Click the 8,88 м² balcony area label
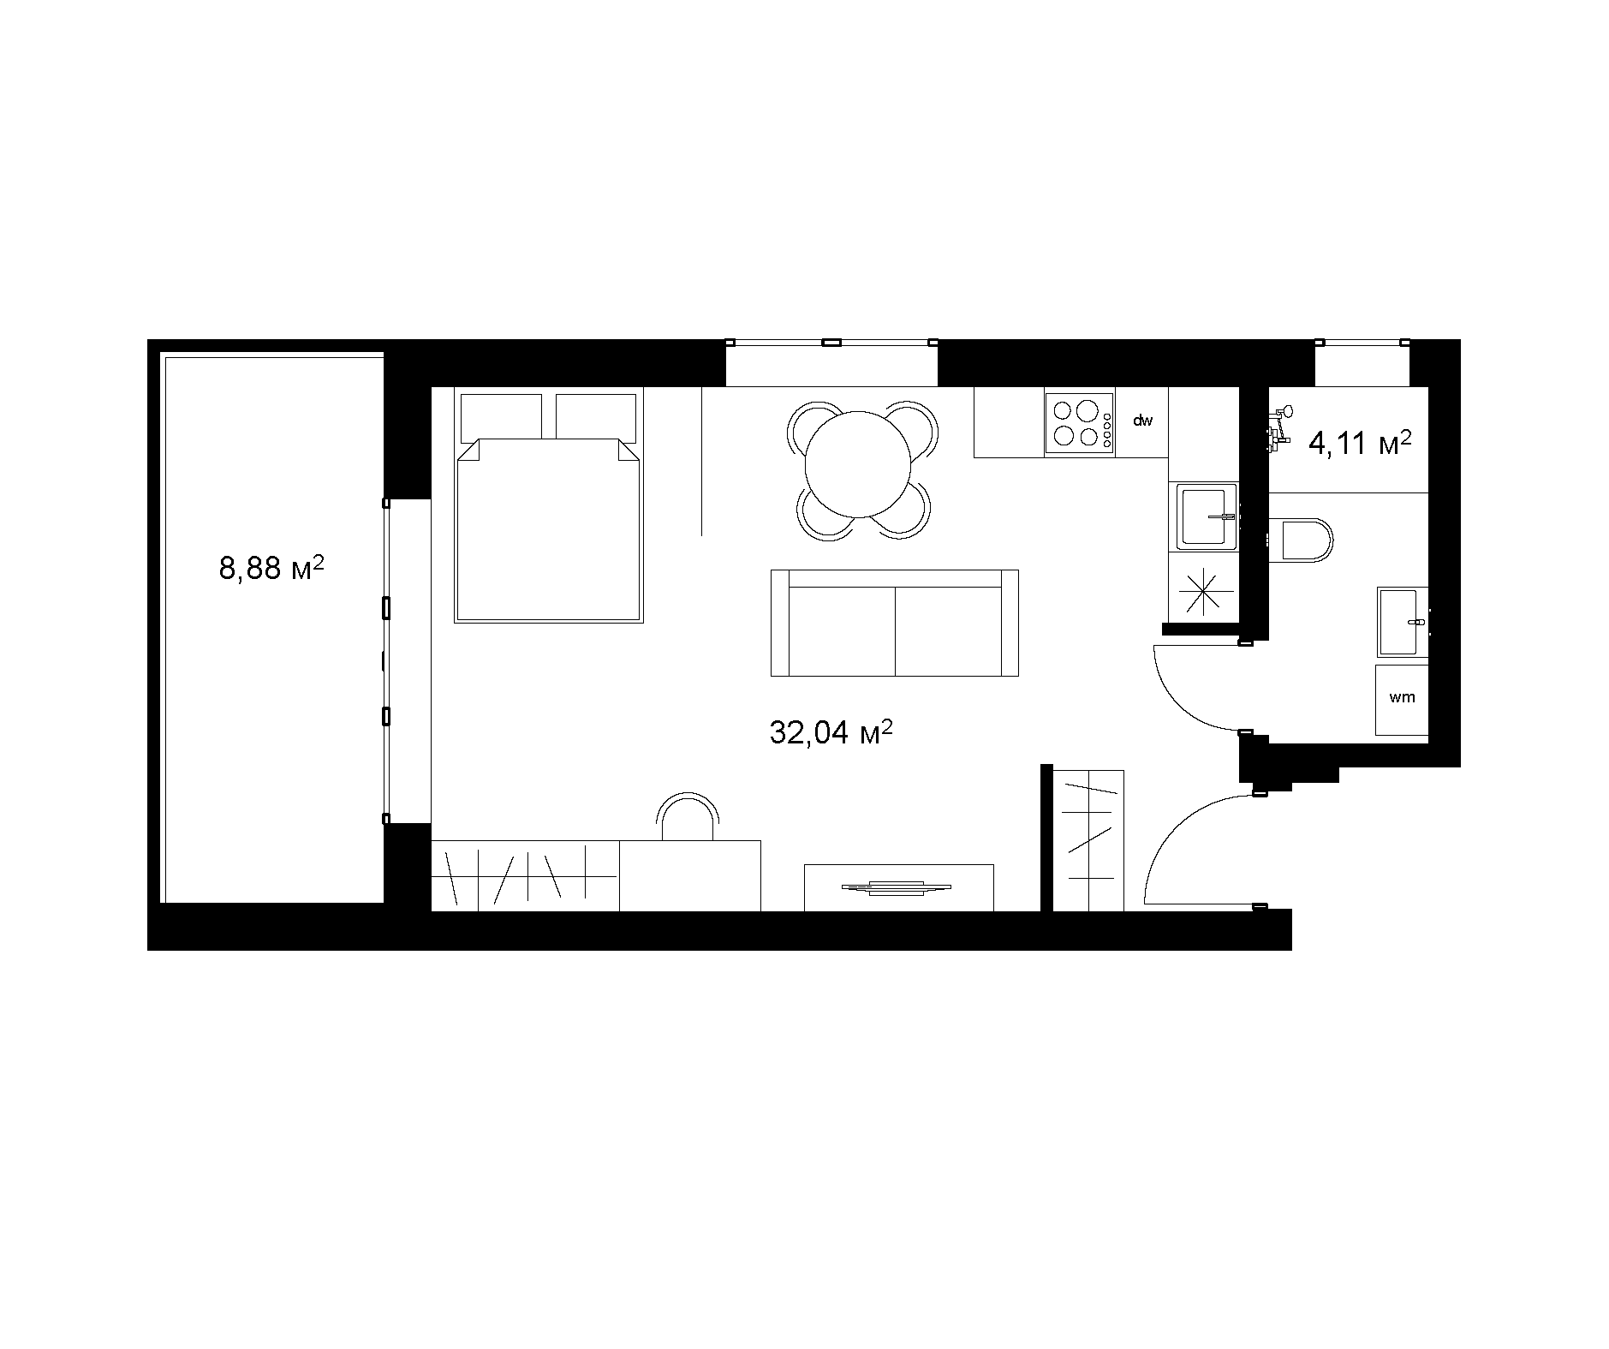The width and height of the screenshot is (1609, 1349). (x=271, y=567)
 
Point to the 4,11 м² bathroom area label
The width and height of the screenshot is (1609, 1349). (x=1360, y=445)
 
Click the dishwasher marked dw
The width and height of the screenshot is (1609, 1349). (x=1142, y=421)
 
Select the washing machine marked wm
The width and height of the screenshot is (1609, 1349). (x=1402, y=699)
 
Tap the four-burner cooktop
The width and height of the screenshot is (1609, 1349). (x=1079, y=422)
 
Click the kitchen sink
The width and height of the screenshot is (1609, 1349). (x=1207, y=516)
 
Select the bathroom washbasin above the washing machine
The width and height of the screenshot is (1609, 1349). (x=1403, y=621)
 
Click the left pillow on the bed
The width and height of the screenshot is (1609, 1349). (x=502, y=417)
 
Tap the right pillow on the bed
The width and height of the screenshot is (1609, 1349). (x=596, y=417)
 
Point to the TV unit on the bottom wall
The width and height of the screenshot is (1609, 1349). (x=898, y=887)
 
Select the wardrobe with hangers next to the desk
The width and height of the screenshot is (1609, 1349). (x=524, y=875)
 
